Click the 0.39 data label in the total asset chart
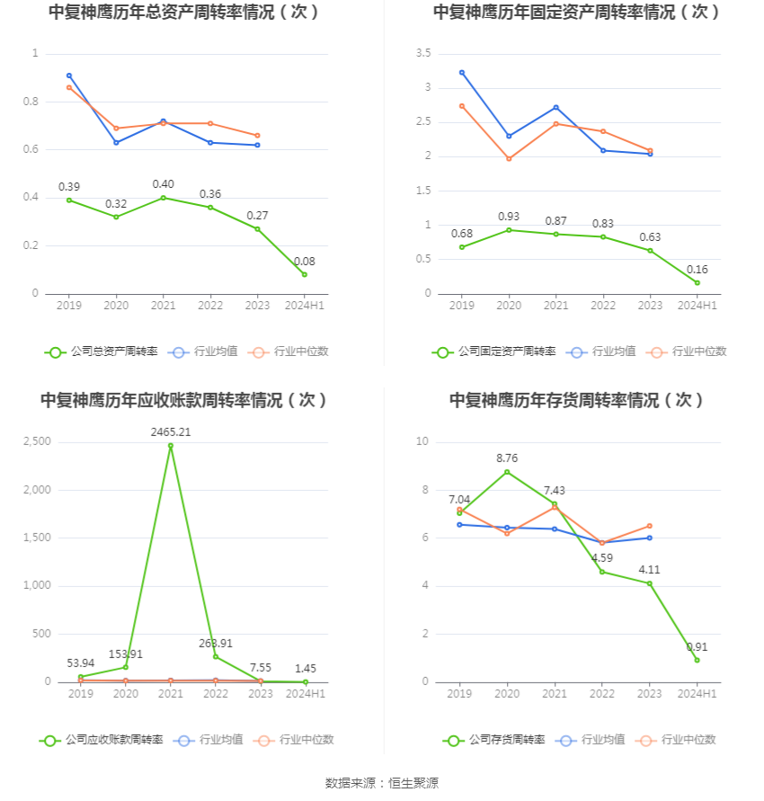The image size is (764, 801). pyautogui.click(x=69, y=187)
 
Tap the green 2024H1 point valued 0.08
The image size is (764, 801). pyautogui.click(x=305, y=274)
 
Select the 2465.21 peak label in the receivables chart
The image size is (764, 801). pyautogui.click(x=171, y=432)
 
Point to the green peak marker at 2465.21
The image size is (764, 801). pyautogui.click(x=171, y=446)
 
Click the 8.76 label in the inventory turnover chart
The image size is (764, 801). pyautogui.click(x=508, y=458)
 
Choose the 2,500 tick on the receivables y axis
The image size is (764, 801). pyautogui.click(x=37, y=441)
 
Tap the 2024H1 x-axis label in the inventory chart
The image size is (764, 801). pyautogui.click(x=697, y=694)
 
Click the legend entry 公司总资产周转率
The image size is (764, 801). pyautogui.click(x=102, y=352)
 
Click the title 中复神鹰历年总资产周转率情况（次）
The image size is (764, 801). pyautogui.click(x=184, y=13)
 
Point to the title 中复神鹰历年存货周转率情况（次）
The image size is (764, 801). pyautogui.click(x=577, y=400)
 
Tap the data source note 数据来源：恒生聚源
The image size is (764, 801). pyautogui.click(x=382, y=783)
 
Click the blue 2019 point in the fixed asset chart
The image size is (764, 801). pyautogui.click(x=462, y=73)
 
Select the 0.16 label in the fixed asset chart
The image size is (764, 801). pyautogui.click(x=697, y=269)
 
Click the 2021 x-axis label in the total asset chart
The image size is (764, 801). pyautogui.click(x=164, y=306)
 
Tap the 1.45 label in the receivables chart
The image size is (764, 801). pyautogui.click(x=306, y=669)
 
